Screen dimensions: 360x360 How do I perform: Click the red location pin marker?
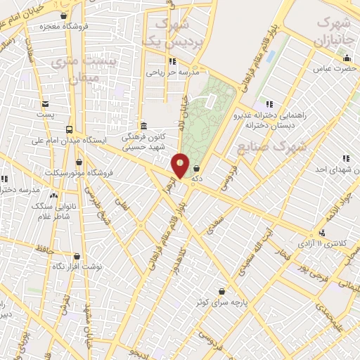pyautogui.click(x=181, y=166)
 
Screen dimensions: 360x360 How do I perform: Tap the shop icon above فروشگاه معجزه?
pyautogui.click(x=65, y=15)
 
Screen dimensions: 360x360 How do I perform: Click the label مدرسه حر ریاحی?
pyautogui.click(x=174, y=72)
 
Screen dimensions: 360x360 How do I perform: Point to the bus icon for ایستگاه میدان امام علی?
pyautogui.click(x=69, y=129)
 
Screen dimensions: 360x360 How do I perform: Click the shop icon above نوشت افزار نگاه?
pyautogui.click(x=77, y=257)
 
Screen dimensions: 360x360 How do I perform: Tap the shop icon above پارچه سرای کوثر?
pyautogui.click(x=222, y=291)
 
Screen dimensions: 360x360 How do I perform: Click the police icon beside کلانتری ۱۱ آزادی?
pyautogui.click(x=322, y=233)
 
